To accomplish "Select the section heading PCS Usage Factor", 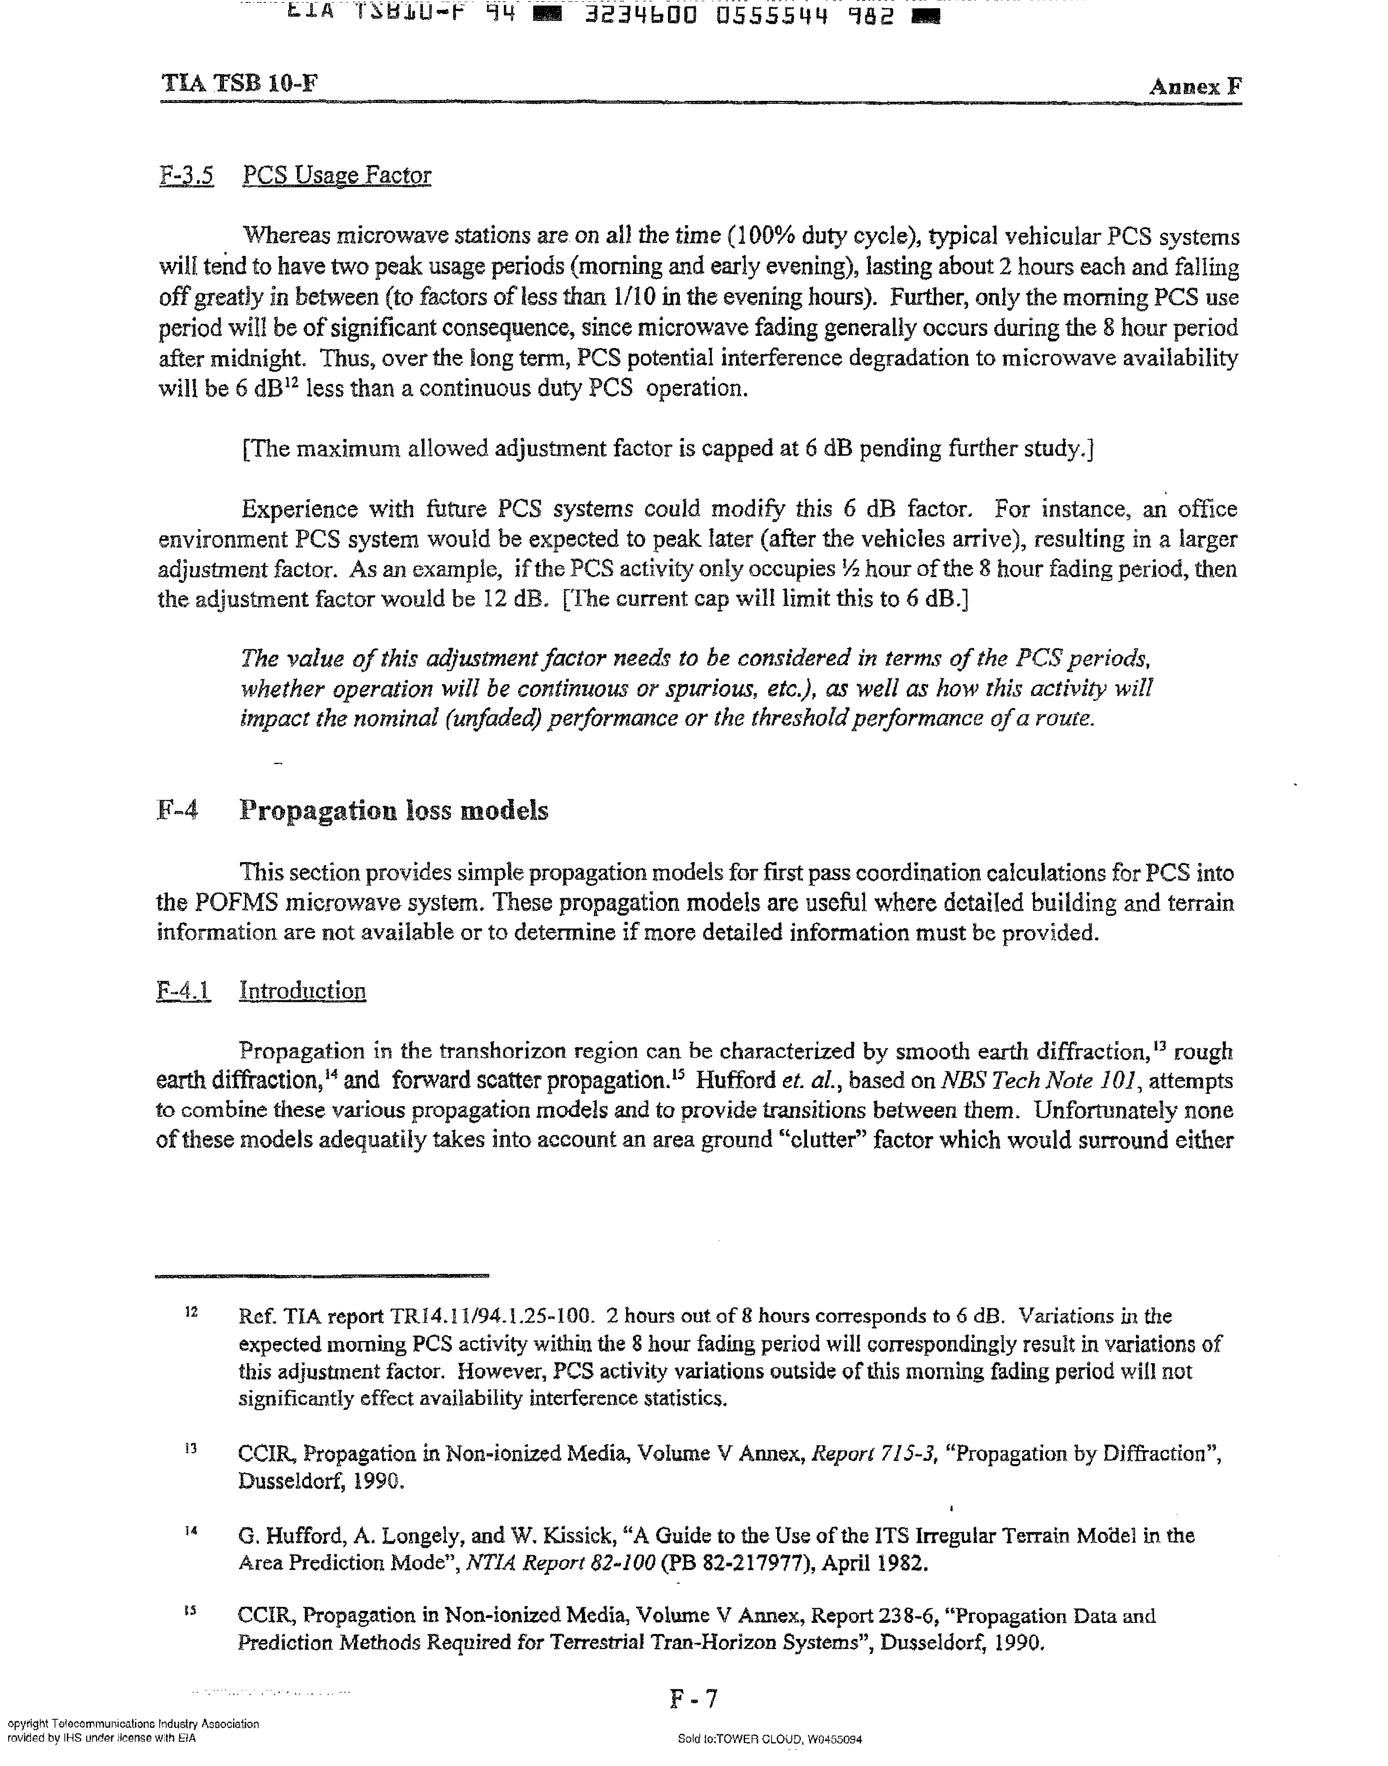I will (336, 176).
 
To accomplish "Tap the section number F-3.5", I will (187, 176).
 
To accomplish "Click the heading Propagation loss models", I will (393, 811).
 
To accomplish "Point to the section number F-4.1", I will (184, 991).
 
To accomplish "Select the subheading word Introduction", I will (302, 991).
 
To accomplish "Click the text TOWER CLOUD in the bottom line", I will (759, 1739).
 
